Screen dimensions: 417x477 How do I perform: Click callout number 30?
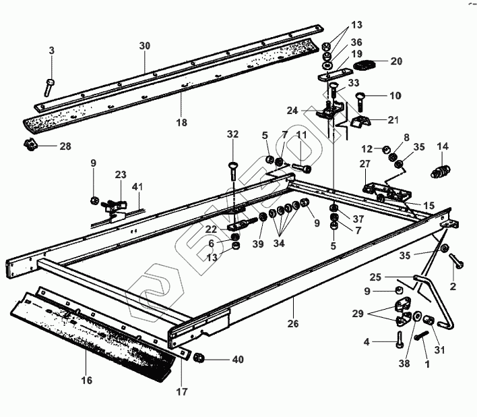coord(145,46)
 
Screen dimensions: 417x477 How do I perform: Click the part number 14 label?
coord(443,146)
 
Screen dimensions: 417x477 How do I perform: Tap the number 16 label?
coord(87,381)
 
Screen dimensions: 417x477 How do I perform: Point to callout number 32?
coord(232,135)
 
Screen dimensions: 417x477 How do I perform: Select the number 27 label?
coord(364,163)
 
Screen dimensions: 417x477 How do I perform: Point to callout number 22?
coord(211,229)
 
